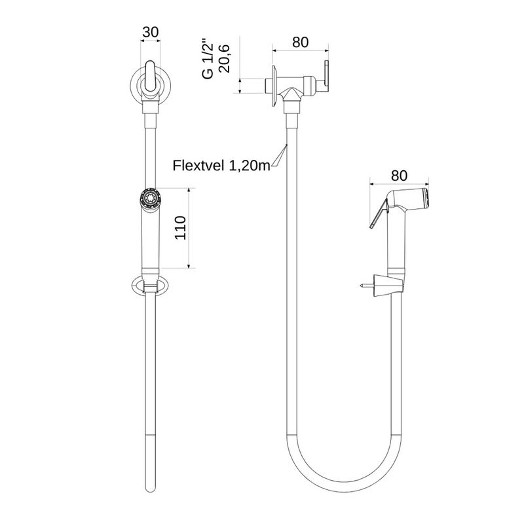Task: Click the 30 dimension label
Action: pyautogui.click(x=151, y=32)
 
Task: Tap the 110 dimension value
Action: pyautogui.click(x=181, y=228)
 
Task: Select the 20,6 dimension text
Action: pyautogui.click(x=223, y=58)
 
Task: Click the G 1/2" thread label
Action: pyautogui.click(x=208, y=60)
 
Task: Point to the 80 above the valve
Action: pyautogui.click(x=301, y=43)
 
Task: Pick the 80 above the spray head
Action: pyautogui.click(x=399, y=176)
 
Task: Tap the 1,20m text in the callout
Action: pyautogui.click(x=250, y=165)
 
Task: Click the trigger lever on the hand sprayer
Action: pyautogui.click(x=379, y=214)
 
